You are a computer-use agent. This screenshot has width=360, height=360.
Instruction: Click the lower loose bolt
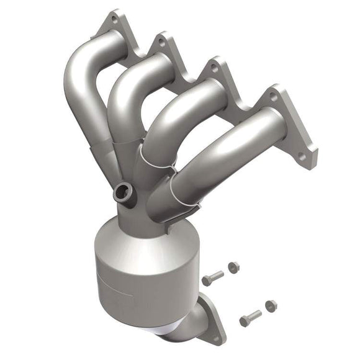(250, 318)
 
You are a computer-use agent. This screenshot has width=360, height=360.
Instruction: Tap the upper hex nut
(233, 268)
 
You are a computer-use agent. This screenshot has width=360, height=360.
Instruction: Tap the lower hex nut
(271, 305)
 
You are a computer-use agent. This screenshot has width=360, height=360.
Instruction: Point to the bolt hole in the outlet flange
(214, 336)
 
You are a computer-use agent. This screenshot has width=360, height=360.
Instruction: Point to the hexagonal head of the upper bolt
(206, 280)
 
